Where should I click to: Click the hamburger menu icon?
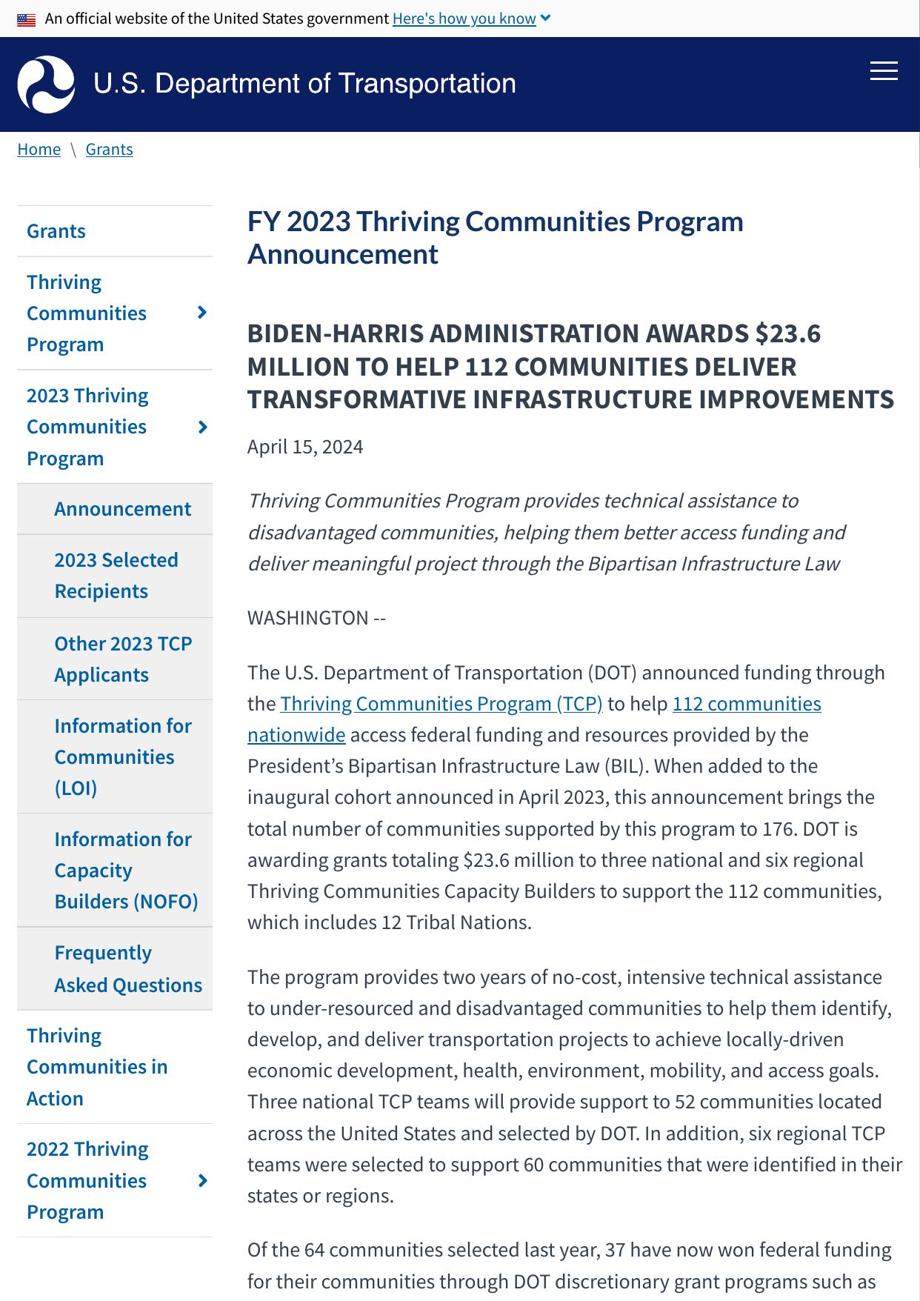pyautogui.click(x=883, y=71)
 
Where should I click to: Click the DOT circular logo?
pyautogui.click(x=46, y=84)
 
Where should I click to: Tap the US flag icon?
pyautogui.click(x=27, y=19)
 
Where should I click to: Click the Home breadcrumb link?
pyautogui.click(x=39, y=149)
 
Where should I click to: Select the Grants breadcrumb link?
pyautogui.click(x=110, y=149)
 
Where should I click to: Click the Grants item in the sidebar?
pyautogui.click(x=56, y=231)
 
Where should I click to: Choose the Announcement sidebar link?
pyautogui.click(x=122, y=509)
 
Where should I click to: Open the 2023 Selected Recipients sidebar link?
pyautogui.click(x=116, y=576)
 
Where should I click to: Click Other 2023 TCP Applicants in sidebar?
pyautogui.click(x=122, y=659)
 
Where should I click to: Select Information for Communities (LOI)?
pyautogui.click(x=122, y=756)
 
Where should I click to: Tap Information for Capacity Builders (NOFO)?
pyautogui.click(x=125, y=870)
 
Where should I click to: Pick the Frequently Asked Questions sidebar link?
pyautogui.click(x=127, y=968)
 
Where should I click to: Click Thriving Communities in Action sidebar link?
pyautogui.click(x=97, y=1067)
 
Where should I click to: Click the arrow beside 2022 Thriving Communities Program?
pyautogui.click(x=202, y=1180)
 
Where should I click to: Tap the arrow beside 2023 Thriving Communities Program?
pyautogui.click(x=202, y=427)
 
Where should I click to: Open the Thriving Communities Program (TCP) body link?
pyautogui.click(x=441, y=704)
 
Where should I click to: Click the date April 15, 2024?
pyautogui.click(x=305, y=447)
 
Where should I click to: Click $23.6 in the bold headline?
pyautogui.click(x=788, y=334)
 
